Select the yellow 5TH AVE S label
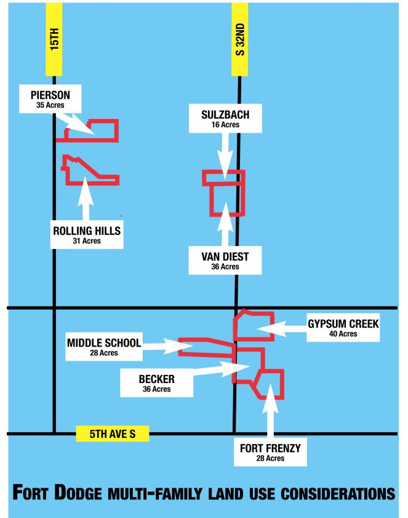pos(113,434)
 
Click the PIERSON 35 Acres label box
pos(50,99)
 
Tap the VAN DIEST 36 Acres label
pos(225,260)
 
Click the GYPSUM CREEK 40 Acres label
pos(343,328)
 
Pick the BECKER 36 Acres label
pos(157,383)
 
